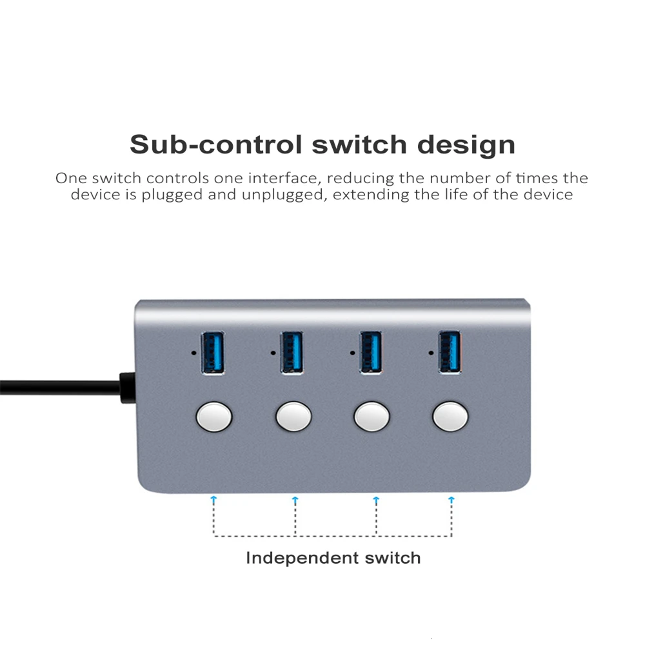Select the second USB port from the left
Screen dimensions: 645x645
(292, 352)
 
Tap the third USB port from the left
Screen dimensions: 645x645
(370, 352)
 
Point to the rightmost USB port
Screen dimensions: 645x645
(450, 352)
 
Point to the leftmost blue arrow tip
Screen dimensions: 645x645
(214, 499)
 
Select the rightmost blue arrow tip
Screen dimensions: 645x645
(451, 499)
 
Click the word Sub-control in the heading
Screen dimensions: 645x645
(216, 144)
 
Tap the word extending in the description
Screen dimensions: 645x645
(372, 195)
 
